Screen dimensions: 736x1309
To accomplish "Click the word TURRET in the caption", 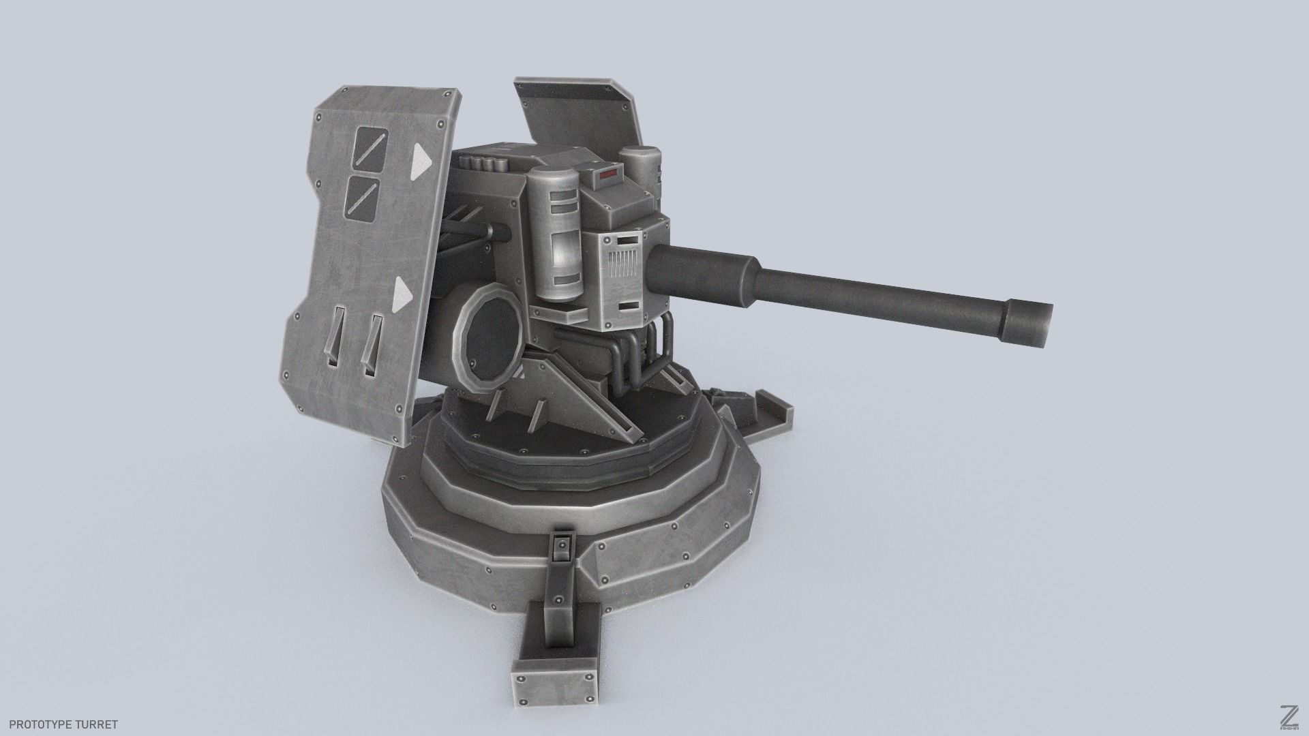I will pyautogui.click(x=100, y=724).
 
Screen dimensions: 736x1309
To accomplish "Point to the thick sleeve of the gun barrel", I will pyautogui.click(x=702, y=277).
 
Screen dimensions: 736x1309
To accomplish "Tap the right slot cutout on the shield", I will pyautogui.click(x=372, y=344).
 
